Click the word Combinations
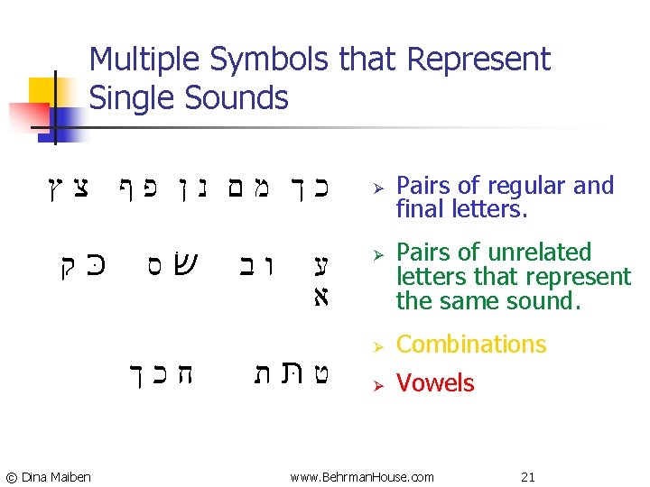(471, 345)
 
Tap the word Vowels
(434, 383)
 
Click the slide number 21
(527, 476)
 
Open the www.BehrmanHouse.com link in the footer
(361, 476)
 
